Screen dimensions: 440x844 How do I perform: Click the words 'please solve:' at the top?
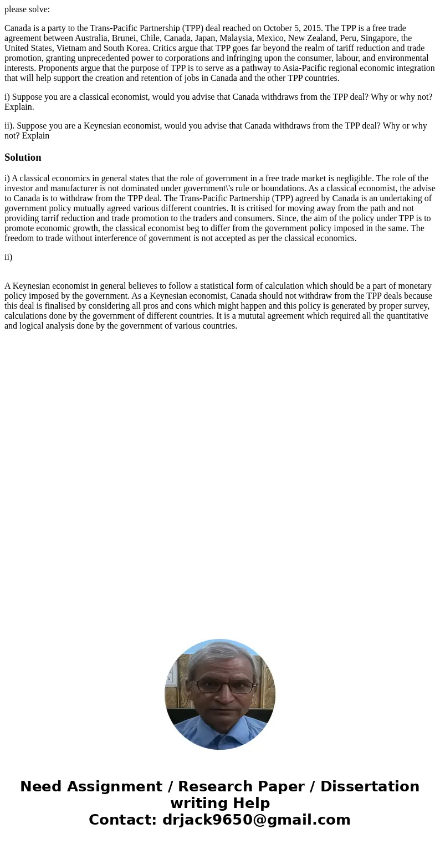pos(27,9)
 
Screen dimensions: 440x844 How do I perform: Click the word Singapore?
pos(379,38)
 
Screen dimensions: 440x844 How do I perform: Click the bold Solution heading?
pos(23,157)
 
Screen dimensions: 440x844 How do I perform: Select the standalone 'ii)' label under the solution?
pos(8,257)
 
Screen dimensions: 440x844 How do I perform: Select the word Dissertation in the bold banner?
pos(370,787)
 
